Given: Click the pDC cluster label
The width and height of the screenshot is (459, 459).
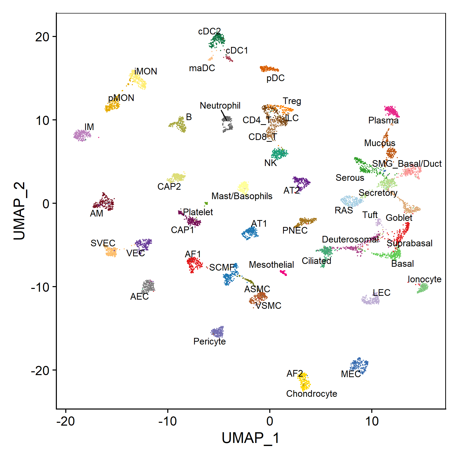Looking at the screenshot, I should coord(275,78).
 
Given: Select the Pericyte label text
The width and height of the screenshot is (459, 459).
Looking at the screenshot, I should coord(209,341).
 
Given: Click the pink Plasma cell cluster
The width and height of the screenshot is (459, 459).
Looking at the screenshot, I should coord(392,111).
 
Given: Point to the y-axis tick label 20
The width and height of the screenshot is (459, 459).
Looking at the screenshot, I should coord(42,37).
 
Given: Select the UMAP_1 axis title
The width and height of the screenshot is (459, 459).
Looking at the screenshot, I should coord(251,438).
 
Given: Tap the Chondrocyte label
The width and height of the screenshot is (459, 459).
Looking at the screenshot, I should coord(311,393).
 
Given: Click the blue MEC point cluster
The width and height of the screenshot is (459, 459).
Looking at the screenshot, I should coord(359,365).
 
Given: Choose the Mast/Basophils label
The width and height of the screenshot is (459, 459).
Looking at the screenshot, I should coord(242,196).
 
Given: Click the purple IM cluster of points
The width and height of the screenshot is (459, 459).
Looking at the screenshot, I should coord(82,135).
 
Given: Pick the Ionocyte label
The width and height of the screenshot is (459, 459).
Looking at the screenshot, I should coord(424,279).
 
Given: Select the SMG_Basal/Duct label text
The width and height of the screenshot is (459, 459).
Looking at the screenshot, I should coord(407,163).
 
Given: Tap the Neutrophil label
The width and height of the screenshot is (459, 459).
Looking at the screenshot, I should coord(220,106).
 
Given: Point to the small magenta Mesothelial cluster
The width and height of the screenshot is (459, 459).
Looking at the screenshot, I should coord(284,273).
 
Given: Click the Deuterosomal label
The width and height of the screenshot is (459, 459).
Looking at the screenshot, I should coord(350,239).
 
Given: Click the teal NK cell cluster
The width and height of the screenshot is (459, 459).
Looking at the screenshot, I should coord(279,153).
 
